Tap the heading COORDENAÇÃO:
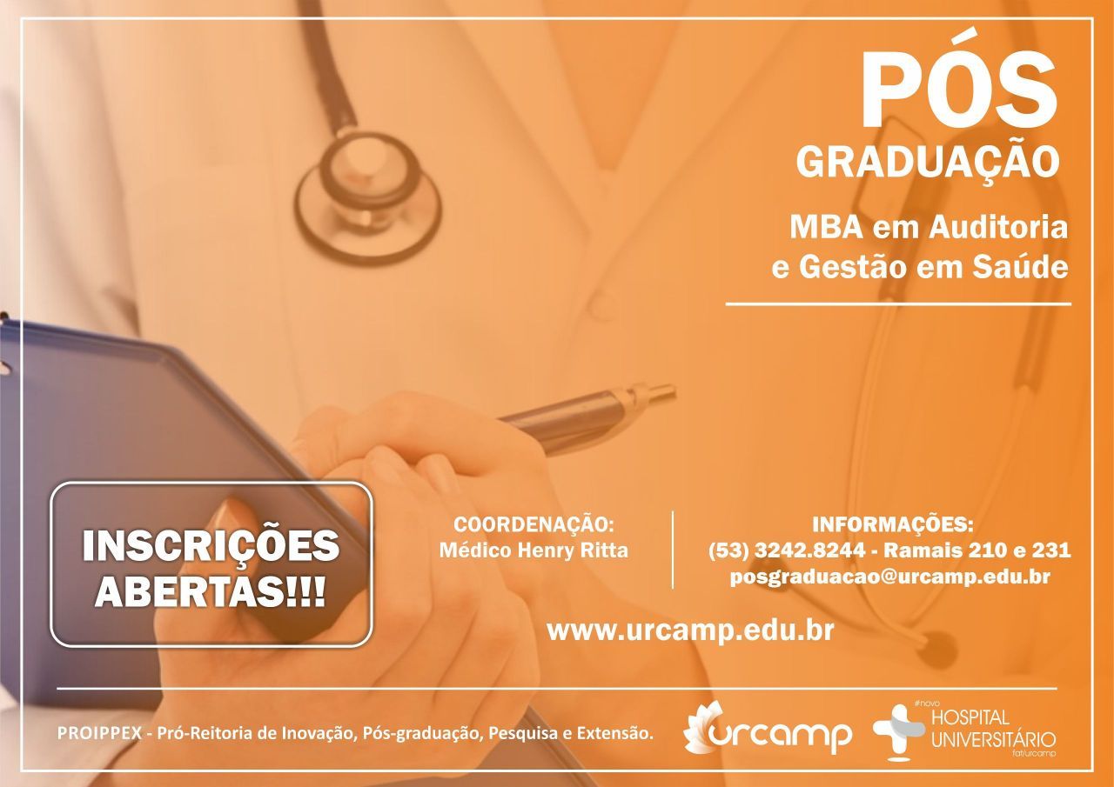pos(534,524)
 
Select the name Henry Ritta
pos(573,550)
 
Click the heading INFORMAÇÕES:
pos(893,524)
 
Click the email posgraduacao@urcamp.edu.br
pos(890,577)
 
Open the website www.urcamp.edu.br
pos(691,630)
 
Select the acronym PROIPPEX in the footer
pos(99,734)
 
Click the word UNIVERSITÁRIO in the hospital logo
pos(994,740)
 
